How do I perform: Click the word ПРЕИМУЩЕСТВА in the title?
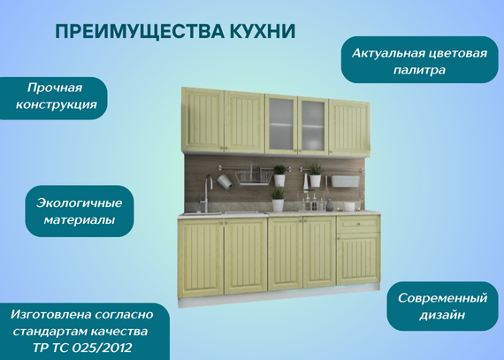139,31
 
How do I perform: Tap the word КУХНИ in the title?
263,31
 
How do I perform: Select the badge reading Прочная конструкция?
54,98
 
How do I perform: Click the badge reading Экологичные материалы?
80,211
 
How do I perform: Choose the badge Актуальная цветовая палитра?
419,60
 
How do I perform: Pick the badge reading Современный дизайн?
442,306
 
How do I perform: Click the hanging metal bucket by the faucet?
225,181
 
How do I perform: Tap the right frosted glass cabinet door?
313,126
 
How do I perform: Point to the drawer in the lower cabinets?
358,224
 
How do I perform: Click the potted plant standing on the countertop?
278,199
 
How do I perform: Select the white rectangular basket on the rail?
345,181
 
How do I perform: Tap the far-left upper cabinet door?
202,120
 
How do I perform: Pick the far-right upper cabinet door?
348,128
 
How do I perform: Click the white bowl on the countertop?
349,206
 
